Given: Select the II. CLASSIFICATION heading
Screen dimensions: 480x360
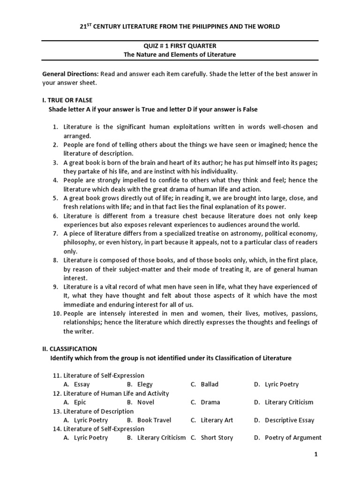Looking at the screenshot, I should pyautogui.click(x=70, y=349).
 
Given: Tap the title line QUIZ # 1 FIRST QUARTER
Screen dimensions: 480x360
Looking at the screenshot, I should pyautogui.click(x=180, y=45).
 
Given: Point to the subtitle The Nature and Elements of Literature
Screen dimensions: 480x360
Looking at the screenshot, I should pyautogui.click(x=180, y=55).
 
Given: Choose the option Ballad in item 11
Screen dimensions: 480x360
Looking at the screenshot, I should pyautogui.click(x=209, y=384).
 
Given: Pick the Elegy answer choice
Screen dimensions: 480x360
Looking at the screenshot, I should pyautogui.click(x=145, y=384).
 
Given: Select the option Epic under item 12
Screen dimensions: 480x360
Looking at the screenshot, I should pyautogui.click(x=80, y=402).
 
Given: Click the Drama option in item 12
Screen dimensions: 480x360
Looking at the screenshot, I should pyautogui.click(x=210, y=402).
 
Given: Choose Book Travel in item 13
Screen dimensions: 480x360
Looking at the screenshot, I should pyautogui.click(x=154, y=420).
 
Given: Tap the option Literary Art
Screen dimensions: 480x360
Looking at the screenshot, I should pyautogui.click(x=217, y=420).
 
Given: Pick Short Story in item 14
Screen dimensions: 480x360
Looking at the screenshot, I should pyautogui.click(x=217, y=438).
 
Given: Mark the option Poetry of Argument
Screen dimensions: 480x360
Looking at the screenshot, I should pyautogui.click(x=293, y=438).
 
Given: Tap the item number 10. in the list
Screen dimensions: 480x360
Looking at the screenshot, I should pyautogui.click(x=57, y=313).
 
